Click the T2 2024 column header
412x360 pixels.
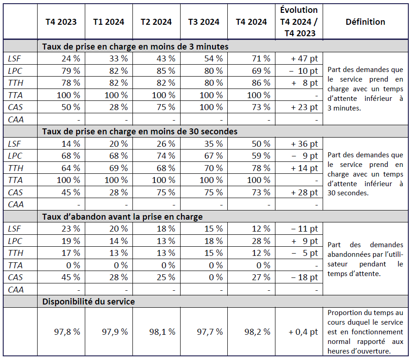pyautogui.click(x=156, y=22)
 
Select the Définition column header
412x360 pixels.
pyautogui.click(x=365, y=22)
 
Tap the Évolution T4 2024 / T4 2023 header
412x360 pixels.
pyautogui.click(x=299, y=22)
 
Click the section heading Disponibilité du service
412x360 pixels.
pyautogui.click(x=88, y=301)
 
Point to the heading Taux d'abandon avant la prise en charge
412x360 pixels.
pyautogui.click(x=122, y=216)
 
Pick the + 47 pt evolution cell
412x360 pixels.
pyautogui.click(x=304, y=59)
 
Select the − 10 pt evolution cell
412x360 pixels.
pyautogui.click(x=304, y=71)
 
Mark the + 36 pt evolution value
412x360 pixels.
pyautogui.click(x=304, y=144)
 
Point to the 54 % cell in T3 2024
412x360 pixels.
pyautogui.click(x=214, y=59)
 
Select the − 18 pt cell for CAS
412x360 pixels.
pyautogui.click(x=304, y=277)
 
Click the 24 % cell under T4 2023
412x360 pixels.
pyautogui.click(x=71, y=59)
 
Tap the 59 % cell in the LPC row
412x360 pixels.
pyautogui.click(x=261, y=156)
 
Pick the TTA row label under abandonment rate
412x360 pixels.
pyautogui.click(x=15, y=265)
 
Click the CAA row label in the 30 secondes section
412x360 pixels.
pyautogui.click(x=16, y=205)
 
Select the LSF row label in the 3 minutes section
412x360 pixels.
pyautogui.click(x=15, y=59)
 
